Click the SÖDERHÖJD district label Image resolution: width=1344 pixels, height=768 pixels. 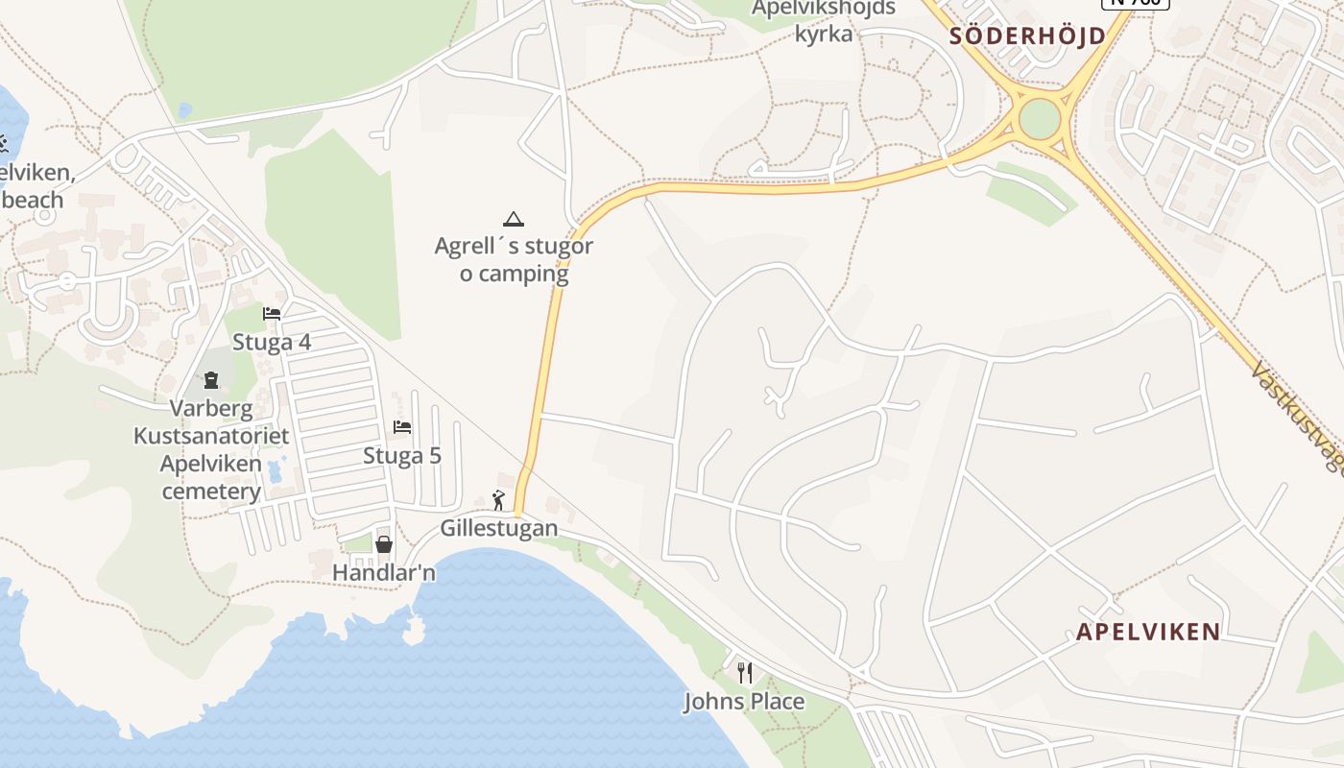(x=1026, y=36)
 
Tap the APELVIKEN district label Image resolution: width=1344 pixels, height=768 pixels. (x=1148, y=632)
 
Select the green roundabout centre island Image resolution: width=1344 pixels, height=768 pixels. (x=1040, y=119)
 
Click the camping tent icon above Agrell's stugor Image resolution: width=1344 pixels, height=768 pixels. (x=514, y=219)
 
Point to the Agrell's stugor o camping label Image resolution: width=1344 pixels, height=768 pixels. (x=514, y=259)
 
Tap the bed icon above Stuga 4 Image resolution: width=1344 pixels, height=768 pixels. (x=272, y=313)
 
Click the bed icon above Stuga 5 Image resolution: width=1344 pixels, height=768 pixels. (x=402, y=426)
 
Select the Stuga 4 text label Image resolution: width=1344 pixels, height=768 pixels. (x=272, y=342)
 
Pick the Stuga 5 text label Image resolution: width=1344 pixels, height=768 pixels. (x=402, y=455)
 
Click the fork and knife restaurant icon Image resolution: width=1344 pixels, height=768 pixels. (x=743, y=672)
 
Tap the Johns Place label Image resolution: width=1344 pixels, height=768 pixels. (x=744, y=702)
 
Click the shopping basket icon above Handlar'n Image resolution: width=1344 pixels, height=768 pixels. (x=384, y=544)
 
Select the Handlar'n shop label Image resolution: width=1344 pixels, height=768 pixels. (x=384, y=572)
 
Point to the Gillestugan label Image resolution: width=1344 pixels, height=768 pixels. (x=499, y=528)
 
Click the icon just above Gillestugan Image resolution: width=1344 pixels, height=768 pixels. (x=498, y=499)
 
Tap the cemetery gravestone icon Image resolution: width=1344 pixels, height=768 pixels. (x=211, y=380)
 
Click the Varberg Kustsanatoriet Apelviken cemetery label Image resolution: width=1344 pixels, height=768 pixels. (x=211, y=450)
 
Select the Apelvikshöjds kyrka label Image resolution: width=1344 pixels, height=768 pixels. (x=824, y=21)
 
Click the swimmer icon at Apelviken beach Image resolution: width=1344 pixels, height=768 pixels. (x=3, y=144)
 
